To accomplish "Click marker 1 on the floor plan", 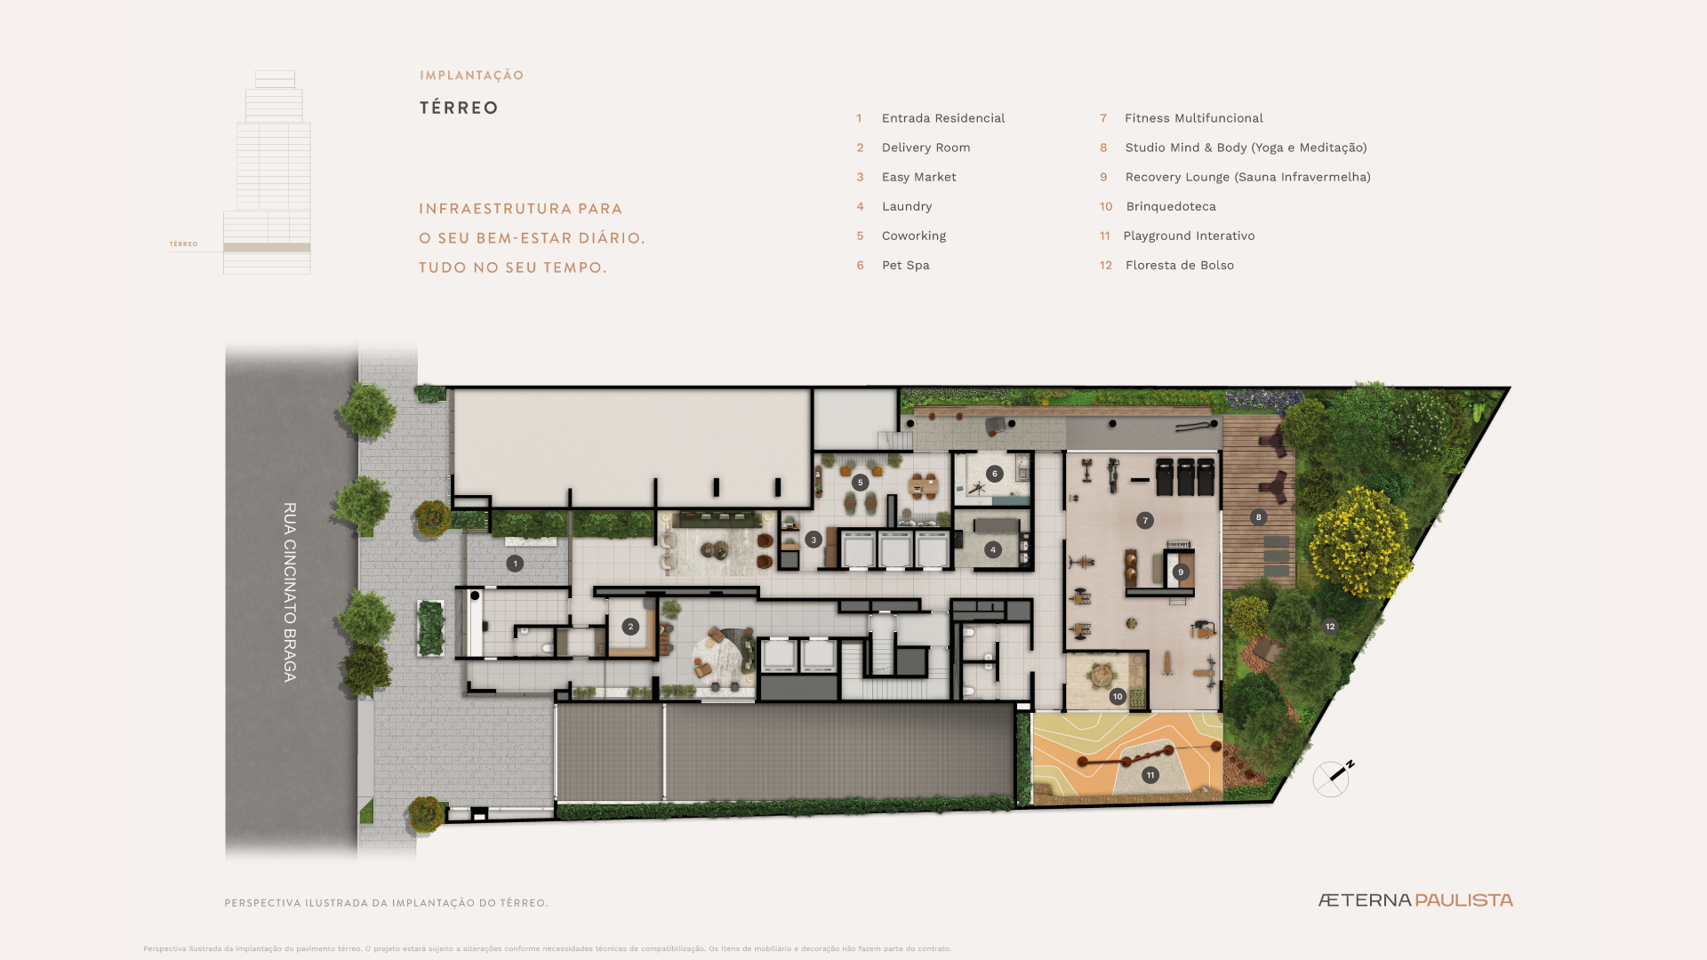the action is [x=515, y=564].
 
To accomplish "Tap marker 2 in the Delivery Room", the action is [x=630, y=627].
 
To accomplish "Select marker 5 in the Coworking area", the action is [x=860, y=483].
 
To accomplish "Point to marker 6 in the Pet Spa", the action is [x=995, y=474].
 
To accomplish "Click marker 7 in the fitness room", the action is [x=1145, y=521].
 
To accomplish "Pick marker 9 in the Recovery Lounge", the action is [x=1181, y=572].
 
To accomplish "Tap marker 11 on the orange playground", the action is [x=1150, y=775].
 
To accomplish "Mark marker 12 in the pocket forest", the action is [x=1330, y=627].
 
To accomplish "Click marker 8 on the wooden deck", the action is [x=1258, y=517].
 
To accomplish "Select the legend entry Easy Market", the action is [x=918, y=177].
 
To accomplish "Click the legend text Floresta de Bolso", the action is [x=1179, y=265].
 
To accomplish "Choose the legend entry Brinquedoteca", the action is [x=1170, y=206].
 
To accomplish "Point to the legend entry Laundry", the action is [x=907, y=206].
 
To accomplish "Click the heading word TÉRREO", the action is [x=459, y=108].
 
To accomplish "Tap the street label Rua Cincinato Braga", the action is [x=290, y=592].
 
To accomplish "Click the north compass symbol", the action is [x=1333, y=778].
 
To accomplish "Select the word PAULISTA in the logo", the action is [x=1463, y=900].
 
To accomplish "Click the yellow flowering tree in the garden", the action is [x=1359, y=540].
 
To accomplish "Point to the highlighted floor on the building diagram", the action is [x=267, y=247].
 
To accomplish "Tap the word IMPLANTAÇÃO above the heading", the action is [x=471, y=76].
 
